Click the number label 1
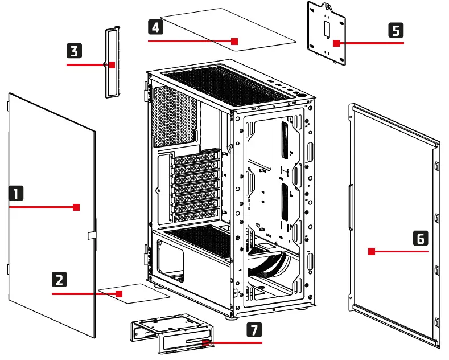[17, 194]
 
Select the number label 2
[59, 280]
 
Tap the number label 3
[74, 51]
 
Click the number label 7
[255, 329]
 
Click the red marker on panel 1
[76, 207]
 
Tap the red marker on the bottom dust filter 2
[119, 294]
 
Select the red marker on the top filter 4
[234, 41]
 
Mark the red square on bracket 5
[336, 43]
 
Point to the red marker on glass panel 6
[371, 251]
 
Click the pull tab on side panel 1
[91, 234]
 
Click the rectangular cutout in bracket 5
[326, 27]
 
